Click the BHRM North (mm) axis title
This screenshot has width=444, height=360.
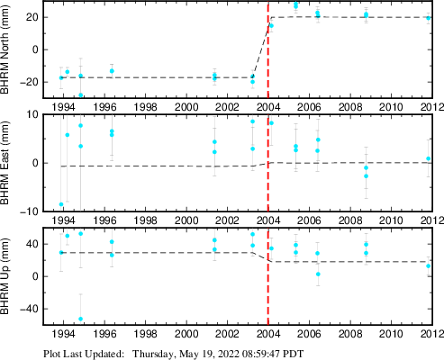pos(5,49)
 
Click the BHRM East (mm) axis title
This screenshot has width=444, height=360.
pos(5,163)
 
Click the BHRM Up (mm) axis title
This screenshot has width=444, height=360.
pos(5,276)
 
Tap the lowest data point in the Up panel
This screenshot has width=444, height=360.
pos(80,319)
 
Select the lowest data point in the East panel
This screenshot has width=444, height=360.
pos(61,204)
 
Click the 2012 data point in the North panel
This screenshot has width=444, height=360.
pos(429,18)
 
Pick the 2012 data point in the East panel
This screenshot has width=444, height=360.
pos(429,158)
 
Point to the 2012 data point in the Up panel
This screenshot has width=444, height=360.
pos(429,266)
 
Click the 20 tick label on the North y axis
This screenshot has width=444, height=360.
pos(32,17)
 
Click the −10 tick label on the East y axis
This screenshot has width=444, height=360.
pos(30,211)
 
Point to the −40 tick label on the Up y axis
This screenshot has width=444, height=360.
pos(29,309)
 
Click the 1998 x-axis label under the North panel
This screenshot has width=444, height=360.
pos(145,107)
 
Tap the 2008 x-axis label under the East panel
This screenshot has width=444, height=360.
pos(350,220)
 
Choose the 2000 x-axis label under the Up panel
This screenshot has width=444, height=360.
pos(186,334)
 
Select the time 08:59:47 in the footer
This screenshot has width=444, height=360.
pos(262,354)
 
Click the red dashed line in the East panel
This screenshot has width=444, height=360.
pos(267,163)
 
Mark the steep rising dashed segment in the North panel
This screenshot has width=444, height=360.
pos(262,47)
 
